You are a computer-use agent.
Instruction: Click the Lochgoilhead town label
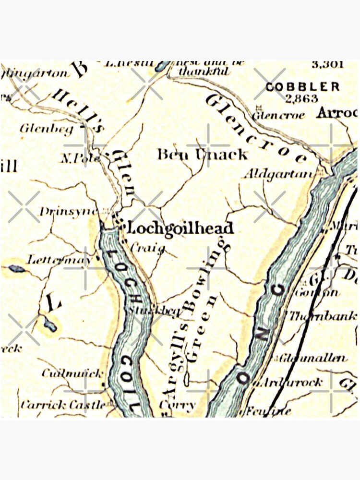(x=179, y=228)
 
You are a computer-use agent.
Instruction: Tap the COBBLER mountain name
(x=302, y=87)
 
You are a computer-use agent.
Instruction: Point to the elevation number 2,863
(x=301, y=99)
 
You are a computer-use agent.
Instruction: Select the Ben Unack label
(x=203, y=155)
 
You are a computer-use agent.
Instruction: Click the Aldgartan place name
(x=277, y=174)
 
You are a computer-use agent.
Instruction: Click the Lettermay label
(x=59, y=260)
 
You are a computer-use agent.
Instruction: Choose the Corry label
(x=177, y=405)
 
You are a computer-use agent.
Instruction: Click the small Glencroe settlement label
(x=272, y=115)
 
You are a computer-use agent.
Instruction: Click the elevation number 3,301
(x=327, y=64)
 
